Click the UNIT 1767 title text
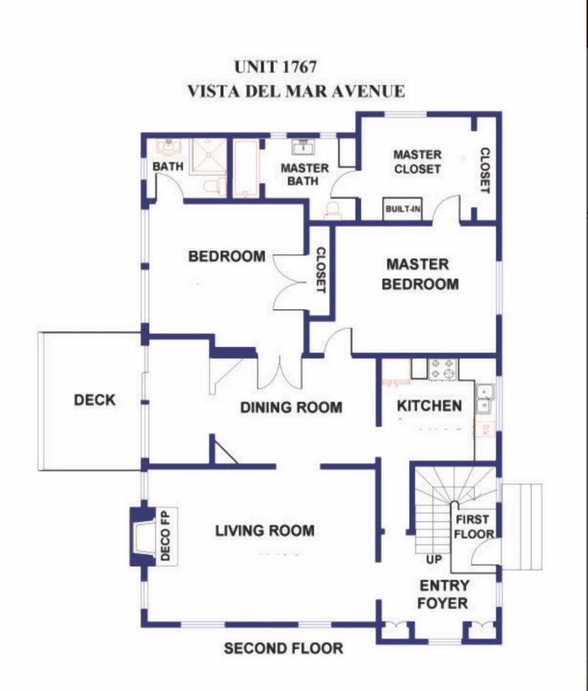click(275, 67)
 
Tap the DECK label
click(95, 400)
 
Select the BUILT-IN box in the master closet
click(403, 209)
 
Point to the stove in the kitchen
click(443, 369)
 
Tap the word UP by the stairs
click(434, 559)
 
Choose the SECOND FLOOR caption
click(283, 648)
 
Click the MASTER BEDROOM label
click(419, 274)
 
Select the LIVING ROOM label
click(265, 531)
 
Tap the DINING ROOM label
click(291, 407)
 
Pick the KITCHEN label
click(430, 405)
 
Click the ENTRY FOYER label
click(443, 594)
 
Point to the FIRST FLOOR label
click(473, 527)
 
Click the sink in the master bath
click(304, 147)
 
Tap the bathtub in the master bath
click(245, 169)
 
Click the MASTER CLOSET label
click(417, 162)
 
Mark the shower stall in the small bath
click(208, 157)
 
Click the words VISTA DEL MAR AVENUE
click(296, 91)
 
